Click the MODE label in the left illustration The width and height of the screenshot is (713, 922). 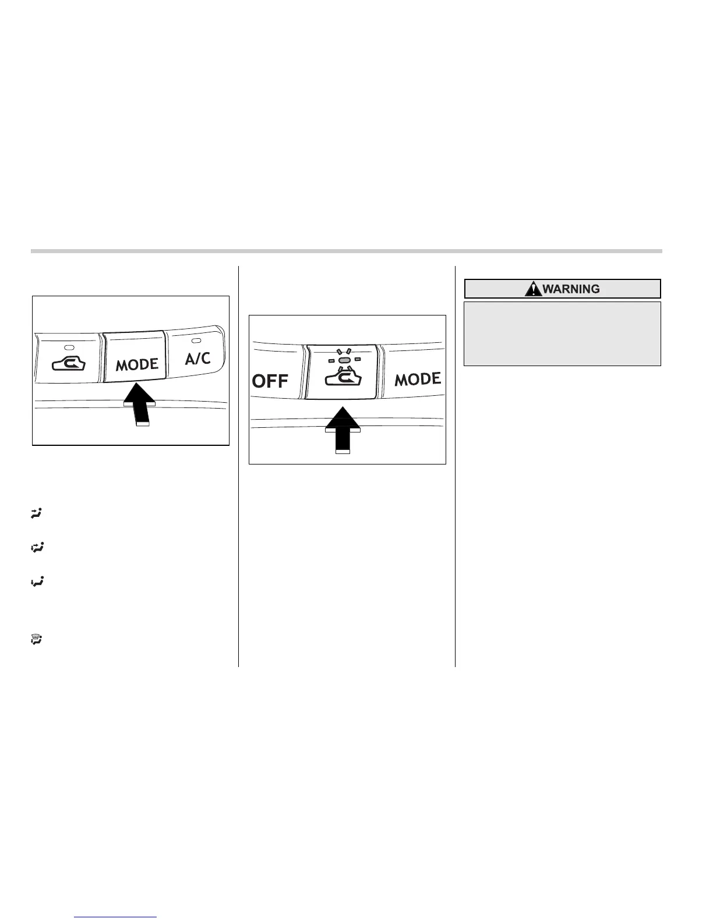137,365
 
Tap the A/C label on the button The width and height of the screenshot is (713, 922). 197,358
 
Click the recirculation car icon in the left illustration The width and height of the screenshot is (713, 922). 69,364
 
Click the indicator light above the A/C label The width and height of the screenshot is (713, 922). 196,340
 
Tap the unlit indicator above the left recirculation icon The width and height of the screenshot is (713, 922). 69,339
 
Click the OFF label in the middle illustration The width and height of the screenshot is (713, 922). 270,381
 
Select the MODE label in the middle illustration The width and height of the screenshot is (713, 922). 418,380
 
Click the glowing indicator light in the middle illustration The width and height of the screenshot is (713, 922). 343,361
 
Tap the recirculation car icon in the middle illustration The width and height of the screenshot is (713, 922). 343,379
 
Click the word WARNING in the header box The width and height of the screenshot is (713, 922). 571,289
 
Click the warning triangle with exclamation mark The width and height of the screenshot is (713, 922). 533,289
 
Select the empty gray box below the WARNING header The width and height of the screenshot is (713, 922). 562,333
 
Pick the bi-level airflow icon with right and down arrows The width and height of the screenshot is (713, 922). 37,547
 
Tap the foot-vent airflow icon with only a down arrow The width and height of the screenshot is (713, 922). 37,581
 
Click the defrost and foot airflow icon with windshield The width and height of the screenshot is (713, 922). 37,640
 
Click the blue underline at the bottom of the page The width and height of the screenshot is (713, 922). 116,917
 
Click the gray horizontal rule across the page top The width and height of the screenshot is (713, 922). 346,251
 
